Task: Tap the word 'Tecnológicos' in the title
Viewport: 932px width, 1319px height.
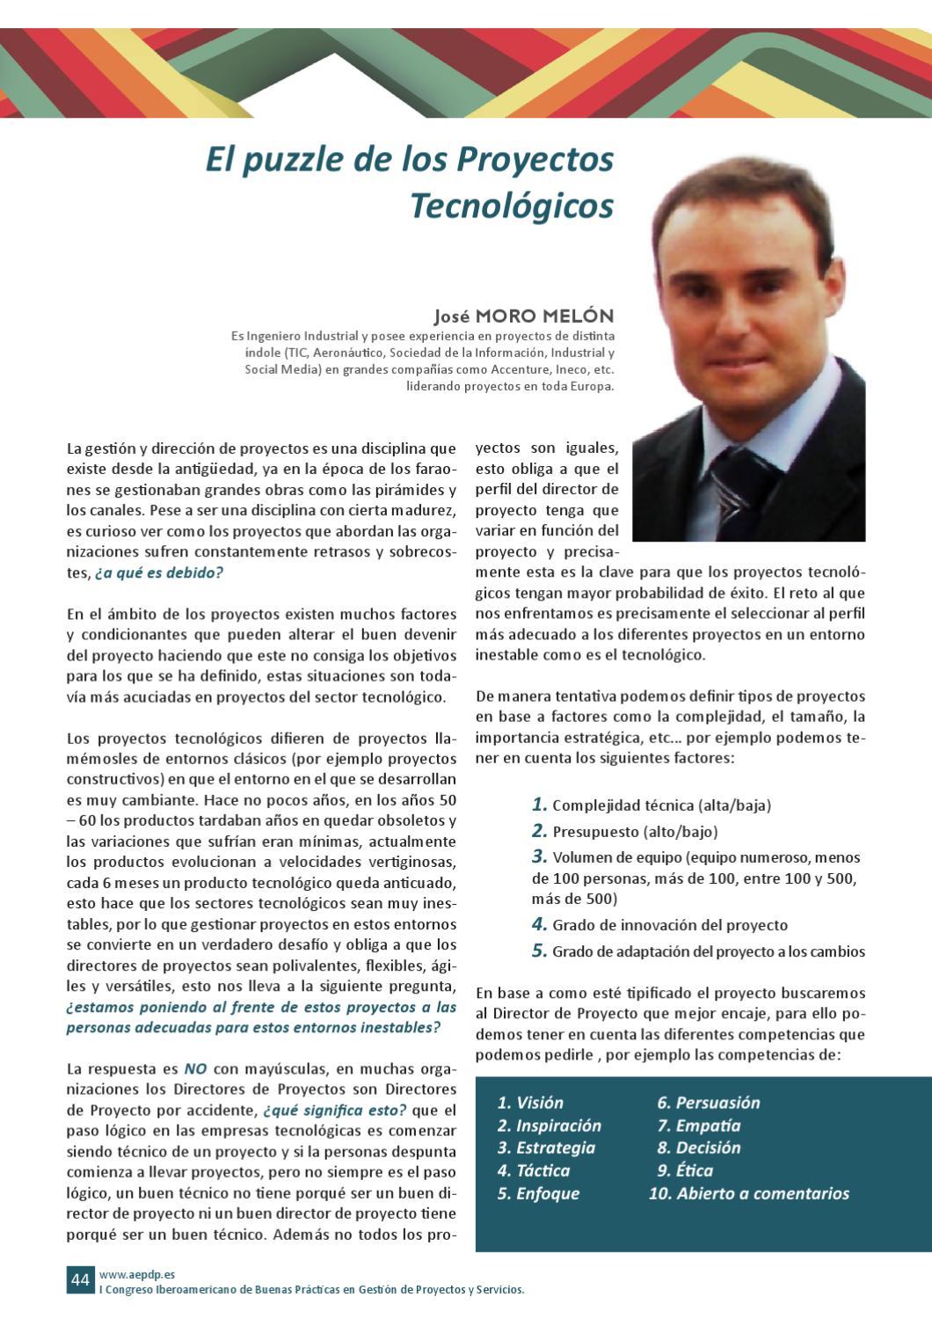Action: click(x=511, y=206)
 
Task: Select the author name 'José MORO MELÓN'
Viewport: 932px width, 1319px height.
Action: click(x=523, y=316)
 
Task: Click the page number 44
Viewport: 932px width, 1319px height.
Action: click(x=80, y=1279)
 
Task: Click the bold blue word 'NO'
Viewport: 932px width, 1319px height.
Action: click(x=195, y=1069)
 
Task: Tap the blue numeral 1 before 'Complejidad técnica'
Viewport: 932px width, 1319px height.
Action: click(x=539, y=804)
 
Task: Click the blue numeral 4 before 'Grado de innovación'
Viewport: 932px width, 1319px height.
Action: click(x=539, y=924)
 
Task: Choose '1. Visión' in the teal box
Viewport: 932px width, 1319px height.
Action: click(x=530, y=1103)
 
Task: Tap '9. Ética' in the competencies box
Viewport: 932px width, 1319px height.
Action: click(x=685, y=1170)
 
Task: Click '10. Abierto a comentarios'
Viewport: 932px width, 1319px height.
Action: click(x=749, y=1193)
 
